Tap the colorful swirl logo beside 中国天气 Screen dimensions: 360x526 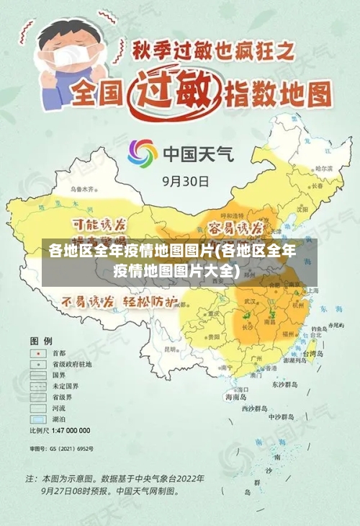pyautogui.click(x=143, y=153)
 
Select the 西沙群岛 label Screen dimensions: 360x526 pyautogui.click(x=257, y=408)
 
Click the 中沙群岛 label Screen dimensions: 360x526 pyautogui.click(x=281, y=416)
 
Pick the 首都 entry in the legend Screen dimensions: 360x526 pyautogui.click(x=58, y=353)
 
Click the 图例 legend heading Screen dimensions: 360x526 pyautogui.click(x=40, y=339)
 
